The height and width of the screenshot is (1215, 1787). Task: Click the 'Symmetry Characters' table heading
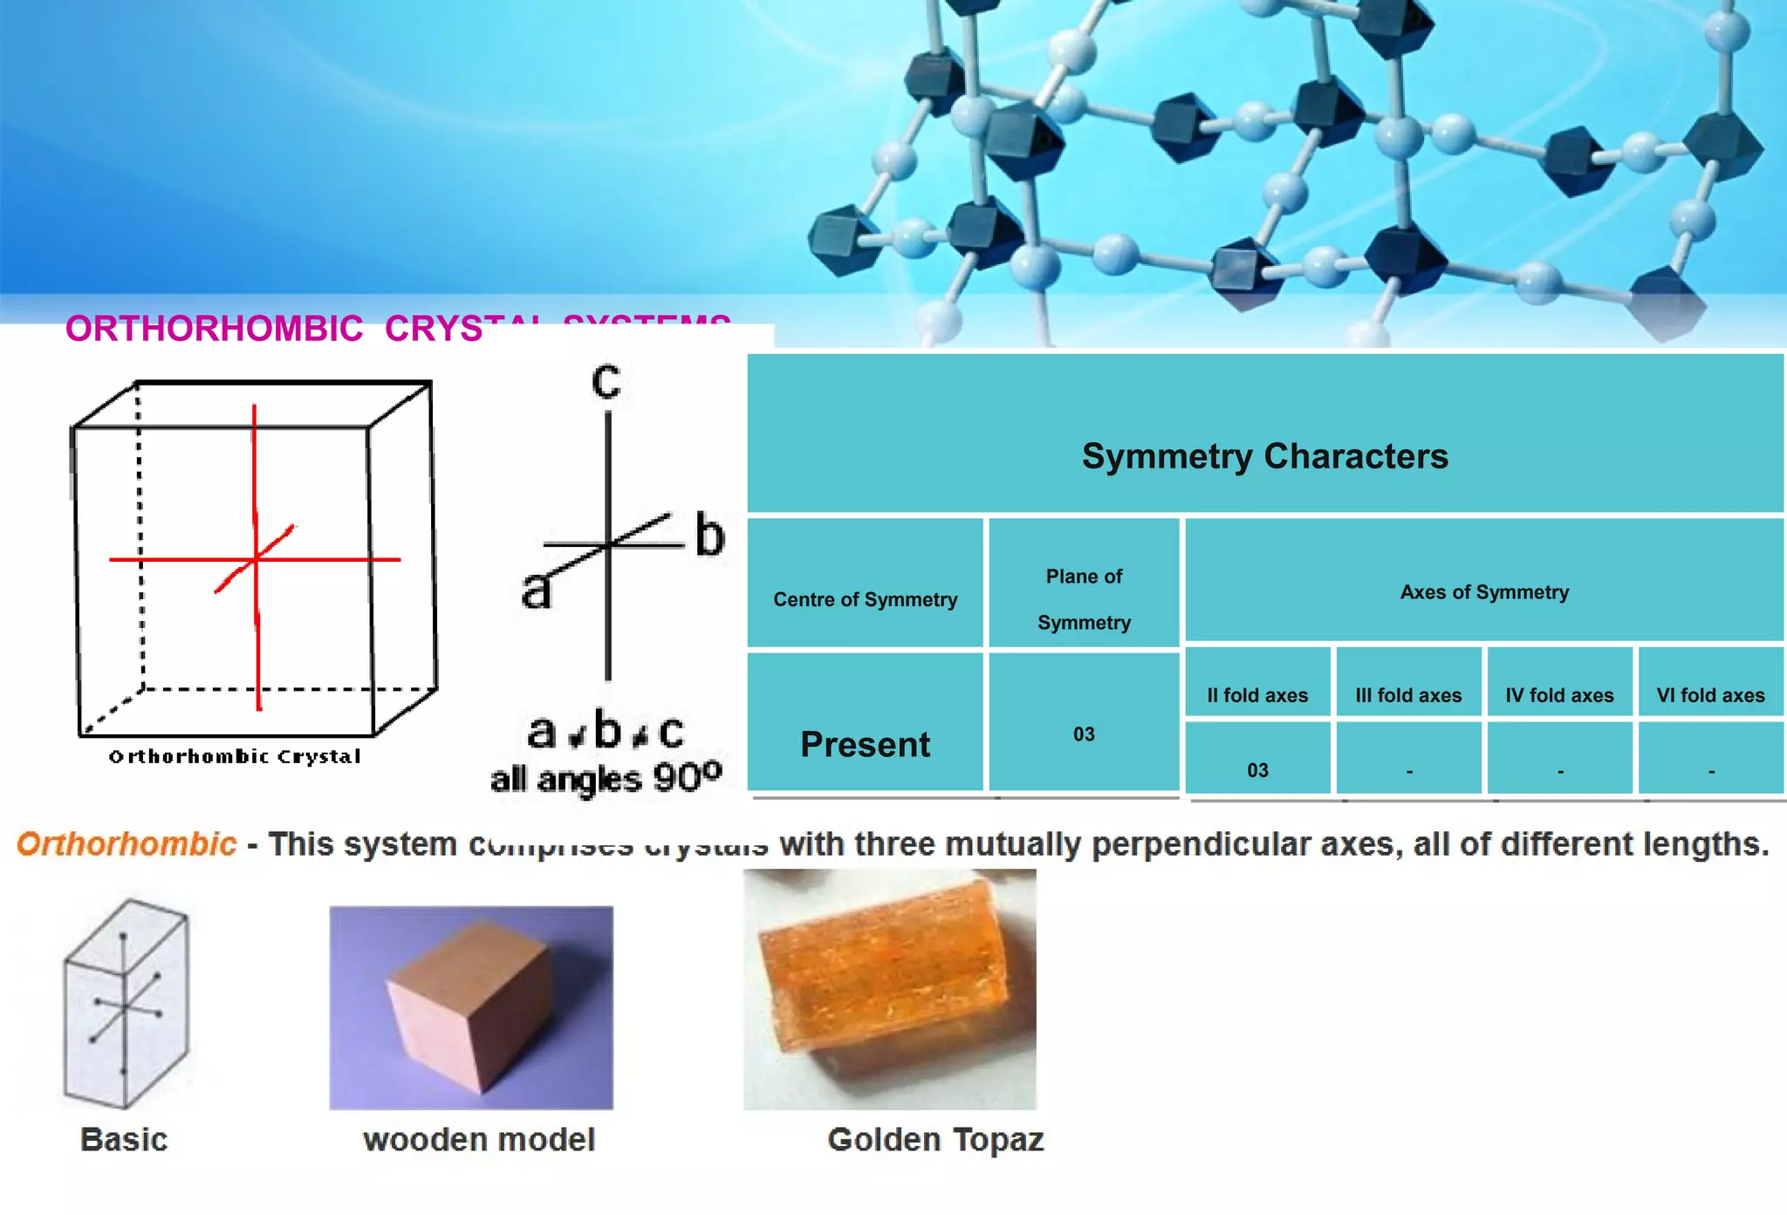point(1264,456)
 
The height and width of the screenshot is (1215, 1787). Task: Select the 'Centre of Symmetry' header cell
point(865,599)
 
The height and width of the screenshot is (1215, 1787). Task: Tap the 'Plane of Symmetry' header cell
point(1084,599)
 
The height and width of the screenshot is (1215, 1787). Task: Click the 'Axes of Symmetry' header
point(1484,592)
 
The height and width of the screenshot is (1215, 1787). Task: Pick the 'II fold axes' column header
point(1257,695)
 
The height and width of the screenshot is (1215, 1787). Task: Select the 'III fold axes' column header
point(1408,695)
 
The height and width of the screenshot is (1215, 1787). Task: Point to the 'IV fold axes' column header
point(1559,695)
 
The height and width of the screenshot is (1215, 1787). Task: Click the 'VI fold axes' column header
point(1710,695)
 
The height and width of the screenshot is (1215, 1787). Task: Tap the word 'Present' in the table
point(865,744)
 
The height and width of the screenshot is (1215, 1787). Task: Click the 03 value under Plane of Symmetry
point(1084,734)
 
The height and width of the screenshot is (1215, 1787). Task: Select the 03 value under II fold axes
point(1257,770)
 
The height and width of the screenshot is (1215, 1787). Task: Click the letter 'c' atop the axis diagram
point(606,382)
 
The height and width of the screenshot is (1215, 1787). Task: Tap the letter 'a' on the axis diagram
point(537,590)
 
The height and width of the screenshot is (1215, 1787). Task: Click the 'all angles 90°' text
point(606,777)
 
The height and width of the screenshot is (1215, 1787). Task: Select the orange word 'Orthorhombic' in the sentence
point(127,843)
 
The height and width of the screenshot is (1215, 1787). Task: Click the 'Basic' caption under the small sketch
point(124,1139)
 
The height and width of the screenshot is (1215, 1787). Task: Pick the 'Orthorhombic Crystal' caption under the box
point(235,756)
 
